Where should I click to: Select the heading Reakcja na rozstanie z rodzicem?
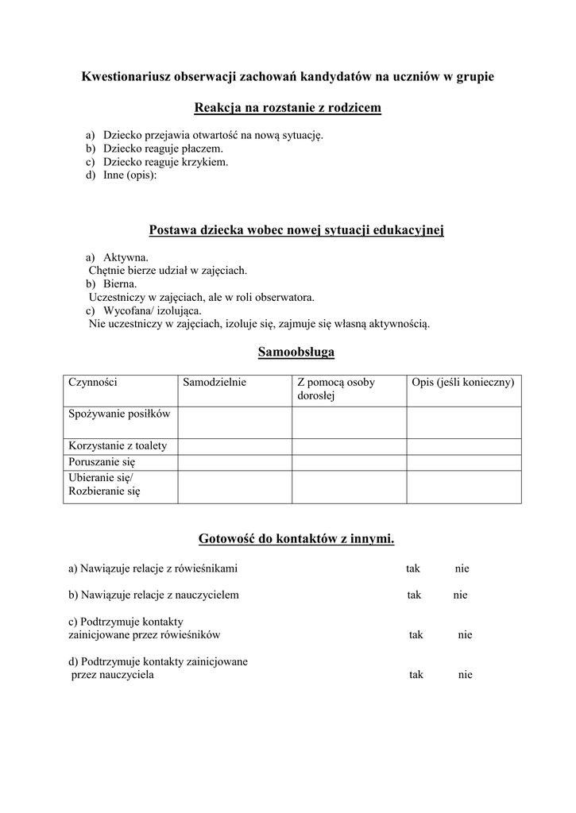(288, 107)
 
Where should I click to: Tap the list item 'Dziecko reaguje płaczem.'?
(163, 148)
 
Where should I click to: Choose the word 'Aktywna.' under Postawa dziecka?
(126, 258)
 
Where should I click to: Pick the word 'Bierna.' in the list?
(120, 283)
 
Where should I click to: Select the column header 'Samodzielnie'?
(215, 382)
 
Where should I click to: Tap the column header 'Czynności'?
(93, 382)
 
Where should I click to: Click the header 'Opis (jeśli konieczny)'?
(463, 382)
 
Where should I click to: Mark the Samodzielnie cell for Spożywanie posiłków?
(234, 422)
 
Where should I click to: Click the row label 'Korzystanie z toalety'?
(118, 445)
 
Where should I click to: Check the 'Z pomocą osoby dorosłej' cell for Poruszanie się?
(349, 461)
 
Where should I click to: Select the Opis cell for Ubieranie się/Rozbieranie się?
(463, 486)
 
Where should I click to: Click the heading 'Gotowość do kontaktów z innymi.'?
(296, 539)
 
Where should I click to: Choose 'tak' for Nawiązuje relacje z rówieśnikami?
(413, 568)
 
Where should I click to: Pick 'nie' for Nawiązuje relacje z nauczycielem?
(461, 595)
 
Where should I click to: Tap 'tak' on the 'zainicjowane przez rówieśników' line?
(416, 634)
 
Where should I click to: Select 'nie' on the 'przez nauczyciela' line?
(466, 675)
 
